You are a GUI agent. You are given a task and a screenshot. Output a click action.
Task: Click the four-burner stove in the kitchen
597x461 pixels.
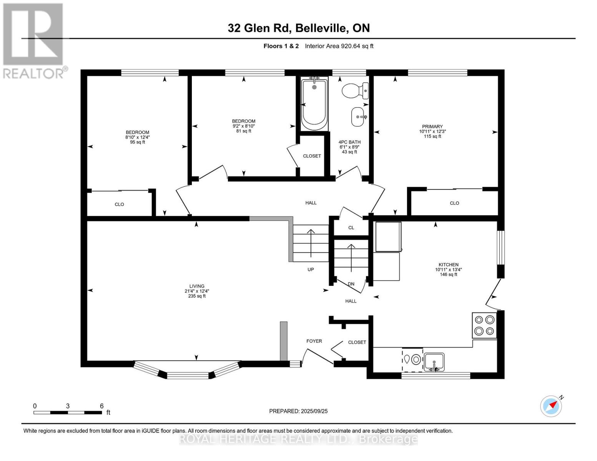point(484,325)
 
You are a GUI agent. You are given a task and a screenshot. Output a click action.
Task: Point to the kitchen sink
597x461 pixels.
point(434,362)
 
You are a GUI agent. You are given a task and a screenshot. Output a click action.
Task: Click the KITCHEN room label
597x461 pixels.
point(448,265)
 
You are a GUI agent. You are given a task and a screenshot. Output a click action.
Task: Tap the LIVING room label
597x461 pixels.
point(196,286)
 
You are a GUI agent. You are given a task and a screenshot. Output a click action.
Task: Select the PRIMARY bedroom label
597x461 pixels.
point(432,126)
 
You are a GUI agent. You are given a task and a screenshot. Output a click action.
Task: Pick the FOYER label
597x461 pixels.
point(314,341)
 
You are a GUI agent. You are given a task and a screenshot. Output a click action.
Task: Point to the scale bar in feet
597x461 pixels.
point(68,412)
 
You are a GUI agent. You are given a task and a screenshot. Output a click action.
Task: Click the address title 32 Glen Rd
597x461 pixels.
point(299,28)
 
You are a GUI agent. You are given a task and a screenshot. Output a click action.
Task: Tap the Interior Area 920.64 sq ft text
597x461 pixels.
point(339,46)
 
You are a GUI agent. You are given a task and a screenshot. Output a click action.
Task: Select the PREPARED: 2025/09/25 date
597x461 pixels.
point(298,411)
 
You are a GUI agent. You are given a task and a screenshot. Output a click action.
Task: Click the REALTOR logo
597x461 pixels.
point(34,40)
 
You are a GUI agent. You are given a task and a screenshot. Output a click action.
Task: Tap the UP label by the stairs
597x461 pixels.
point(311,269)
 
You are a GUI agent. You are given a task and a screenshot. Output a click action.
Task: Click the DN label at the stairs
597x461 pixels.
point(351,284)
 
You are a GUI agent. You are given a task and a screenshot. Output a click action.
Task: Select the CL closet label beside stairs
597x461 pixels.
point(351,228)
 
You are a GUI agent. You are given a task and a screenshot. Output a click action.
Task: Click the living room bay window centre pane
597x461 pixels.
point(188,375)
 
